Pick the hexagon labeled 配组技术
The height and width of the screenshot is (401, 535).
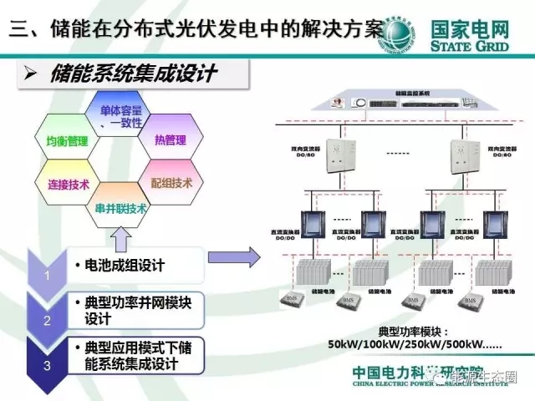tap(171, 182)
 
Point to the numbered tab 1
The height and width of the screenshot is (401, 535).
tap(48, 275)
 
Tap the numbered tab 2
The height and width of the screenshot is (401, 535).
tap(48, 318)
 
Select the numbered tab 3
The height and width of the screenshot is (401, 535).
tap(48, 364)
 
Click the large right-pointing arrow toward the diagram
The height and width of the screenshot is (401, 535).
tap(233, 258)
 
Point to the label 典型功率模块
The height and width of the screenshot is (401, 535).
tap(390, 330)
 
